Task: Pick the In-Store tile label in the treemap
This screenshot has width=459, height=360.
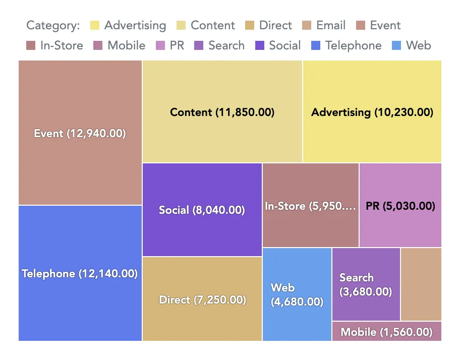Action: pyautogui.click(x=310, y=206)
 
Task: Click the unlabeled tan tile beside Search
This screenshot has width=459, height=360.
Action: pyautogui.click(x=421, y=284)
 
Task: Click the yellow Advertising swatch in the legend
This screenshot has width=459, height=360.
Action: pyautogui.click(x=95, y=26)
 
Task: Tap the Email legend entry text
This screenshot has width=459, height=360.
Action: pyautogui.click(x=331, y=26)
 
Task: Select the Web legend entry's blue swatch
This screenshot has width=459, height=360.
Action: pyautogui.click(x=396, y=46)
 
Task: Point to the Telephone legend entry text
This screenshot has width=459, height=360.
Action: pyautogui.click(x=353, y=46)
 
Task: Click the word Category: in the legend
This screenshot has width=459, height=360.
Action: pyautogui.click(x=53, y=26)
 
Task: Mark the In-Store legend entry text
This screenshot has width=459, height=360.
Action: pyautogui.click(x=62, y=46)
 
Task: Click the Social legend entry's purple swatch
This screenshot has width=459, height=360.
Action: pyautogui.click(x=260, y=46)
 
